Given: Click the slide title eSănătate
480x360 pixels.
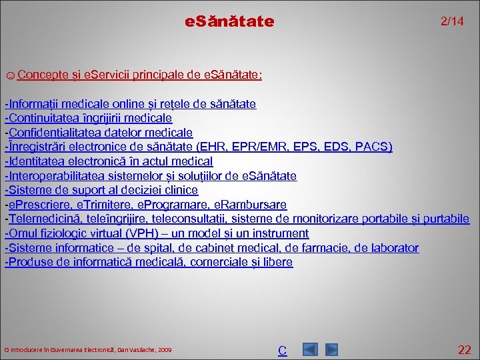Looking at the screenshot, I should tap(229, 22).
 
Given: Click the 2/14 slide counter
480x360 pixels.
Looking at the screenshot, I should tap(452, 22).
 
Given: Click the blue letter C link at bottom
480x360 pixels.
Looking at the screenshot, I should tap(282, 350).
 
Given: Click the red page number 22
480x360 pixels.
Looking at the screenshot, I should tap(465, 349).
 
